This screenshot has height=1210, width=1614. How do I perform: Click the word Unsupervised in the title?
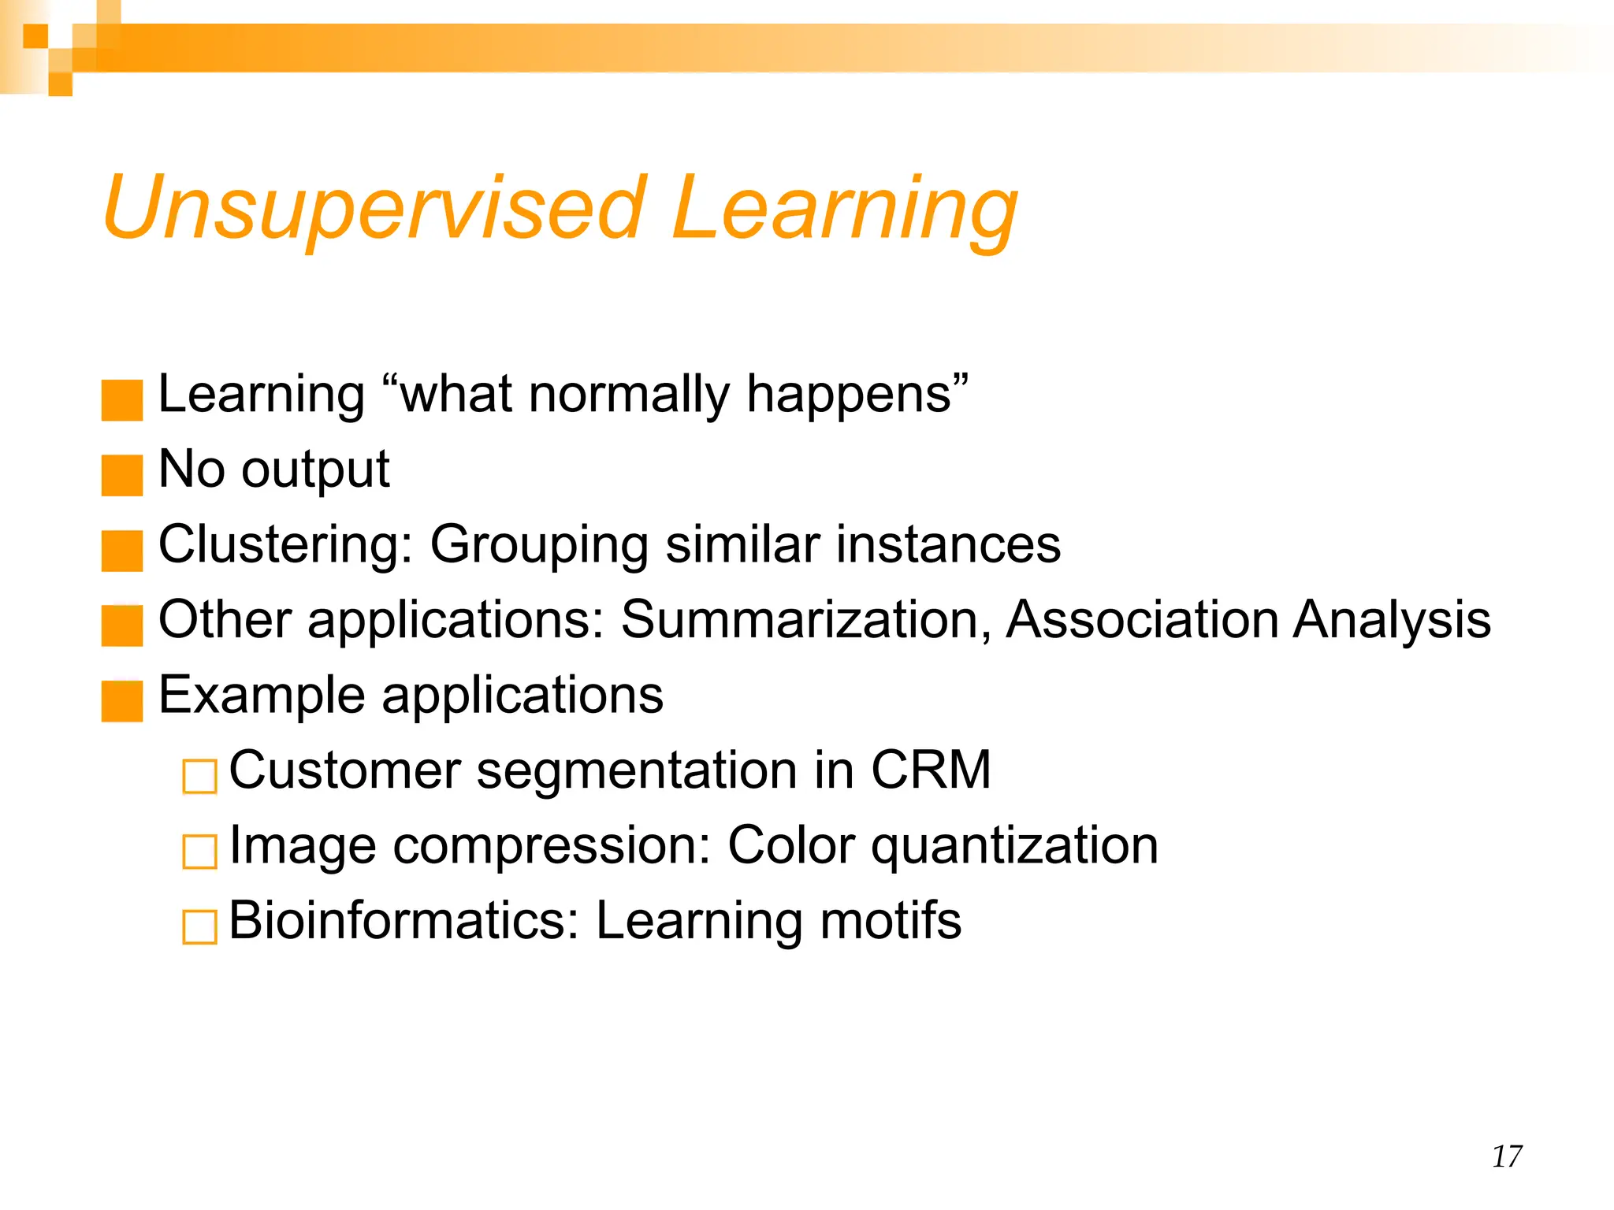pyautogui.click(x=374, y=209)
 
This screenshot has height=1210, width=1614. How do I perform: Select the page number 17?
pyautogui.click(x=1507, y=1156)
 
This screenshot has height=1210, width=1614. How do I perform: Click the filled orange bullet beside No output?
pyautogui.click(x=122, y=475)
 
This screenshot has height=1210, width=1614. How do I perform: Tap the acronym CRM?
pyautogui.click(x=930, y=770)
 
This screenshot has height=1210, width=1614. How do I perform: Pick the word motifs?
pyautogui.click(x=891, y=920)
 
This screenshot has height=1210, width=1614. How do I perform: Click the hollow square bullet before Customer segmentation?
pyautogui.click(x=199, y=777)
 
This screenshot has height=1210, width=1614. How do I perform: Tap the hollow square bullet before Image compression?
pyautogui.click(x=199, y=852)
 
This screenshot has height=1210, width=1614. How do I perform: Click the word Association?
pyautogui.click(x=1142, y=619)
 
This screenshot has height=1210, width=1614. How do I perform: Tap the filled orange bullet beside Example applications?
pyautogui.click(x=122, y=701)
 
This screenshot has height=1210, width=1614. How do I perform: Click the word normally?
pyautogui.click(x=630, y=395)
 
